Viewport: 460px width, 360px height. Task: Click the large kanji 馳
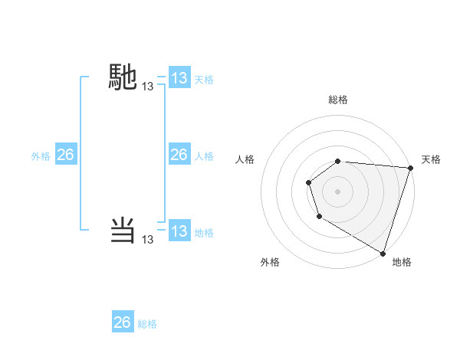(123, 77)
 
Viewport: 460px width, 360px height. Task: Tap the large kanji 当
(123, 230)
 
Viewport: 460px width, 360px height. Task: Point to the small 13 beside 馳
(148, 87)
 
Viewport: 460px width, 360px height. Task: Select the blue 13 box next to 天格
(179, 78)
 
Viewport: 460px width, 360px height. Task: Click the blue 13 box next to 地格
(179, 231)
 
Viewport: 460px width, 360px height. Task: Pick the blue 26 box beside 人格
(179, 155)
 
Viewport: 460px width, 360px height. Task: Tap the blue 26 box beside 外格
(65, 155)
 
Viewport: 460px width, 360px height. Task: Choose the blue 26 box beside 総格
(123, 322)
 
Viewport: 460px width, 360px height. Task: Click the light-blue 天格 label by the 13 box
(204, 80)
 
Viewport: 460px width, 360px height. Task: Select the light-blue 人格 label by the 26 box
(204, 156)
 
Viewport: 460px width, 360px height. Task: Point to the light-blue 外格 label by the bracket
(41, 156)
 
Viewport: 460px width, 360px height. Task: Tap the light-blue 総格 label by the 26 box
(147, 324)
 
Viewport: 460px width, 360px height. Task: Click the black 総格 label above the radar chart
(338, 100)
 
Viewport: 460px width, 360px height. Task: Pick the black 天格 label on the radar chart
(431, 159)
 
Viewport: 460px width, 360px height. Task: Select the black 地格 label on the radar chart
(402, 263)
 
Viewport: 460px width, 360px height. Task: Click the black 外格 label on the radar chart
(270, 263)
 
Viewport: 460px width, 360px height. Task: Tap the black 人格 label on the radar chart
(245, 159)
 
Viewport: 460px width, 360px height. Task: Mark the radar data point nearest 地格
(383, 253)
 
